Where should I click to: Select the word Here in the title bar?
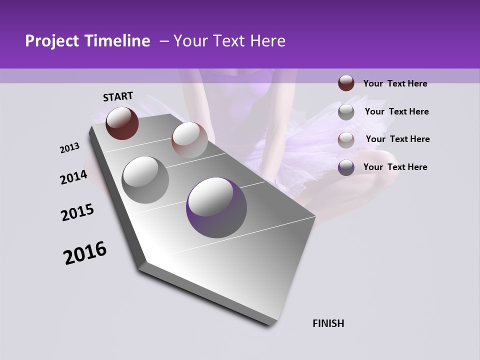pos(267,41)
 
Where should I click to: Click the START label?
pos(118,96)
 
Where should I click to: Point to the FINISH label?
pos(328,323)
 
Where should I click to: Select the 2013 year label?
pos(69,148)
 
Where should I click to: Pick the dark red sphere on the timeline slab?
pos(122,123)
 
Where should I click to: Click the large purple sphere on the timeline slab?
pos(216,207)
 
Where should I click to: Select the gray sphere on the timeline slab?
pos(145,180)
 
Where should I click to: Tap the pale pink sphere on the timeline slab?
pos(189,140)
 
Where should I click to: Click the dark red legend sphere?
pos(346,83)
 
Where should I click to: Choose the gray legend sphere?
pos(346,112)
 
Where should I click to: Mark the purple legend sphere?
pos(346,167)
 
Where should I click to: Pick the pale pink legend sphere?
pos(346,140)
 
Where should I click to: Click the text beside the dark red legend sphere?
pos(395,83)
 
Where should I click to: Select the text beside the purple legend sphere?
pos(395,167)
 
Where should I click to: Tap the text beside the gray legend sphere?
pos(396,111)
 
